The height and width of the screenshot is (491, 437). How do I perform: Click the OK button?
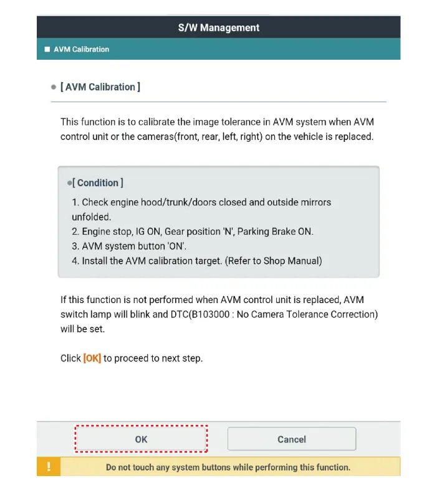pos(141,439)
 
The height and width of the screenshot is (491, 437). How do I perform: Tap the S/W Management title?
pos(218,27)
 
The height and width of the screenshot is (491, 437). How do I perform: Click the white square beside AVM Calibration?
pos(47,50)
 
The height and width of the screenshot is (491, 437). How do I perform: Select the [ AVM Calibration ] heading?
pos(100,87)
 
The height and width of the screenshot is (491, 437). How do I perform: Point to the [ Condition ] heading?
pos(98,183)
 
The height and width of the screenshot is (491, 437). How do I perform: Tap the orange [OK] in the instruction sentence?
pos(92,358)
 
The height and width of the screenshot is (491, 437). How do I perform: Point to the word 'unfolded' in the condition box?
pos(91,217)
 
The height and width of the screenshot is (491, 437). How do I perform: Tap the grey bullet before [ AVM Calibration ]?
pos(54,87)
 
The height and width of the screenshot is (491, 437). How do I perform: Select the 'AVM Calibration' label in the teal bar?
pos(81,50)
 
